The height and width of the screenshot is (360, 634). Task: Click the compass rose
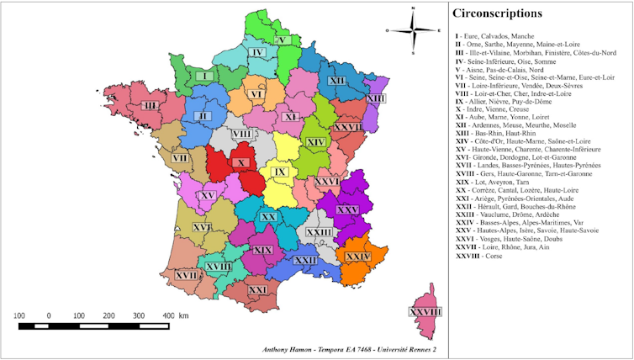[413, 30]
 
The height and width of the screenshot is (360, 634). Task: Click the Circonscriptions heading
[497, 13]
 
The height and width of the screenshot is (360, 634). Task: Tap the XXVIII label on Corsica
[425, 311]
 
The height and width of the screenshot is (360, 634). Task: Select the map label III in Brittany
[151, 105]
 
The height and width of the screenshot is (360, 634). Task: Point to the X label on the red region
[241, 163]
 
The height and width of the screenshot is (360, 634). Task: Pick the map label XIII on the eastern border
[376, 99]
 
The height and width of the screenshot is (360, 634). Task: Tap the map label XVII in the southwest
[186, 274]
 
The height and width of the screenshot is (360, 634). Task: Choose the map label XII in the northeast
[337, 80]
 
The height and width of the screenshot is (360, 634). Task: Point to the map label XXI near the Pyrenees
[257, 289]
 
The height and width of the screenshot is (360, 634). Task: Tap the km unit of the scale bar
[183, 315]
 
